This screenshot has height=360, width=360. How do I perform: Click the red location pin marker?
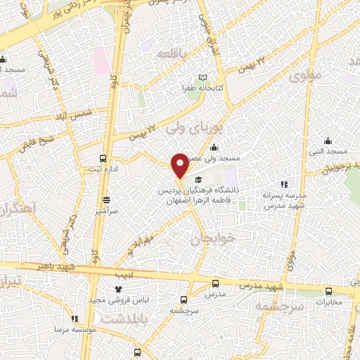click(x=181, y=166)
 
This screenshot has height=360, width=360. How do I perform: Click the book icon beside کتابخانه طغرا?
click(x=203, y=77)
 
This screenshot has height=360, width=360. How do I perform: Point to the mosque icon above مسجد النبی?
click(x=326, y=140)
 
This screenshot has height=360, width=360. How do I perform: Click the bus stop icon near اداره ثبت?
click(x=103, y=158)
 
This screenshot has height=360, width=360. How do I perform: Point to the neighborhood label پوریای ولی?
click(x=190, y=129)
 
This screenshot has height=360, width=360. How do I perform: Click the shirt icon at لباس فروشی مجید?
click(x=117, y=289)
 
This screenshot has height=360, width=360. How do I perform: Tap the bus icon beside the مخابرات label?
click(x=328, y=292)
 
